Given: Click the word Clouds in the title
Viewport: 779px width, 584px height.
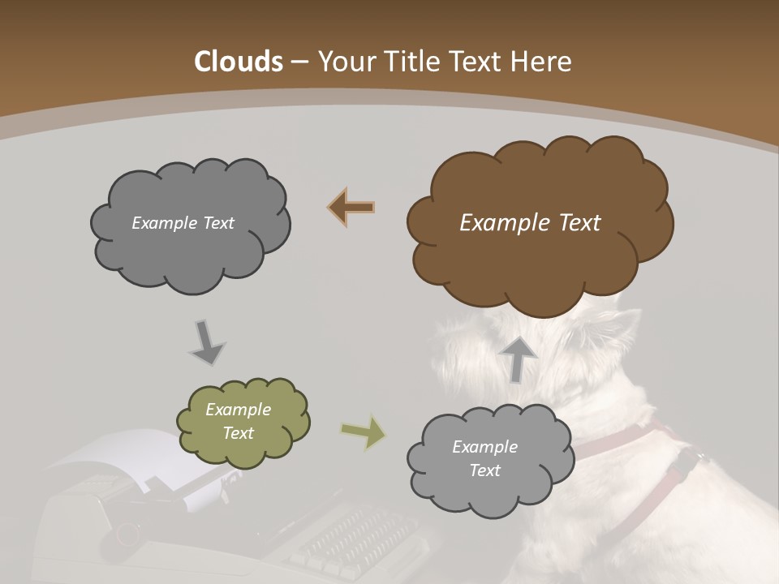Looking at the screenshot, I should pos(239,62).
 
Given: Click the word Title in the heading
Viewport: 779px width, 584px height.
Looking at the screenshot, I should pos(414,62).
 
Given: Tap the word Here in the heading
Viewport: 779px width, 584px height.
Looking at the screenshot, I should pos(542,62).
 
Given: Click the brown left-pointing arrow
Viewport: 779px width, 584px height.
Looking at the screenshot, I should pos(351,208).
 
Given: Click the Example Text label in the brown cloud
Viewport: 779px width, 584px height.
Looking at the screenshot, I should pos(530,223).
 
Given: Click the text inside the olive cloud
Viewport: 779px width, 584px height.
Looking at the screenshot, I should pos(239,421).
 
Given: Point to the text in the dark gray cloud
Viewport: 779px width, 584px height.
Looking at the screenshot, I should pos(183,223).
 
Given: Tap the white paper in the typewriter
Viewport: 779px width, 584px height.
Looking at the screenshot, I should pos(122,462).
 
